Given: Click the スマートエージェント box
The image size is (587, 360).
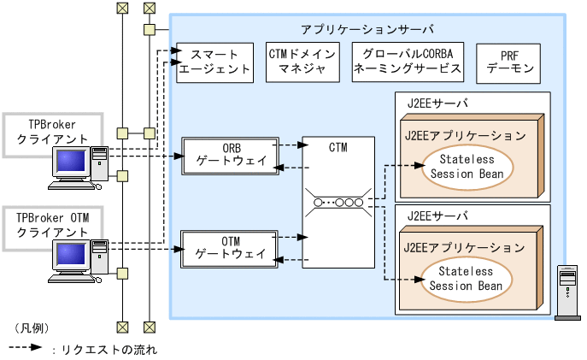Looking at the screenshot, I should coord(215,62).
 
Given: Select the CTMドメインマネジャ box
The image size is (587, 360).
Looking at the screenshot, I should coord(302,62).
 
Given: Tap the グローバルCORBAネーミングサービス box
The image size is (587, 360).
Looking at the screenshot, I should coord(408,62).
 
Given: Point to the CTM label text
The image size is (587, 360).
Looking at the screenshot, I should coord(338,148).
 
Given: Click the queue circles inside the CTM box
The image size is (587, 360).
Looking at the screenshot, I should coord(338,203).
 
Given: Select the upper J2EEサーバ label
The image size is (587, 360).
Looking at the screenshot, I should coord(437,103).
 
